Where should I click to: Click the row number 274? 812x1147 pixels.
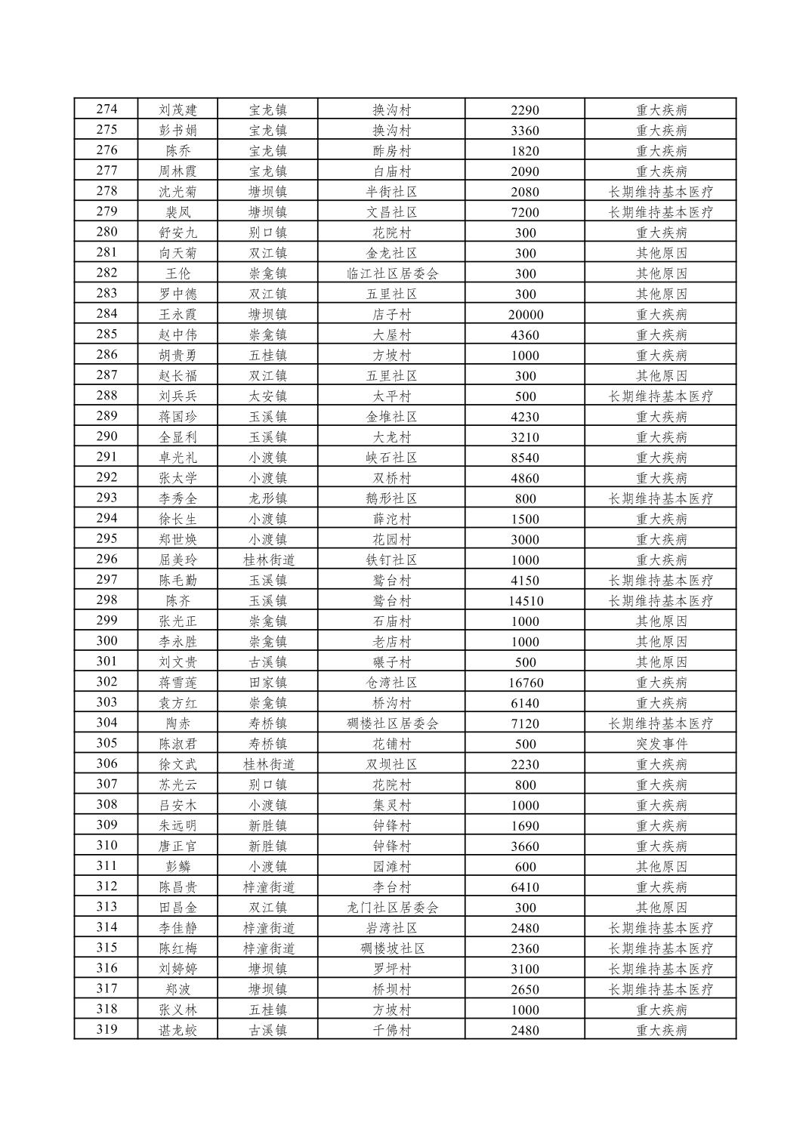(107, 109)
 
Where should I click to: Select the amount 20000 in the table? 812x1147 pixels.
(525, 314)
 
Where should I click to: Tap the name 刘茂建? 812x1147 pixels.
(178, 109)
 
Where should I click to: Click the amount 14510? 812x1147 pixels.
(525, 601)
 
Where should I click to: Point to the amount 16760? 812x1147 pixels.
(525, 683)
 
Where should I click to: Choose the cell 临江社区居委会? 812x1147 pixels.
(392, 273)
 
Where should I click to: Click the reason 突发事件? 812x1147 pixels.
(661, 744)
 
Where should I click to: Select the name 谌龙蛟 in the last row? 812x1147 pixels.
(178, 1030)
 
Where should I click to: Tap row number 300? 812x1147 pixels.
(107, 641)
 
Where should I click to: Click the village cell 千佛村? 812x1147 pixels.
(392, 1030)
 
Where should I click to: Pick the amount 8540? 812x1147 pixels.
(525, 458)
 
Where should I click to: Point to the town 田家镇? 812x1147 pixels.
(268, 683)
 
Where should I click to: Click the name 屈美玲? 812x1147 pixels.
(178, 560)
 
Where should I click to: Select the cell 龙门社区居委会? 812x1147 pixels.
(392, 908)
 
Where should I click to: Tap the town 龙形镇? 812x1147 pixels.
(268, 498)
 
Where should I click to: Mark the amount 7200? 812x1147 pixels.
(525, 212)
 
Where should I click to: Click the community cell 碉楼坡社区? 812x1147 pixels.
(392, 948)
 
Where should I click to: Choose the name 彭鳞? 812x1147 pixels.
(178, 867)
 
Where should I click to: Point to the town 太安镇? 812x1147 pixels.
(268, 396)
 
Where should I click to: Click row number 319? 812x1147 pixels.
(107, 1029)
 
